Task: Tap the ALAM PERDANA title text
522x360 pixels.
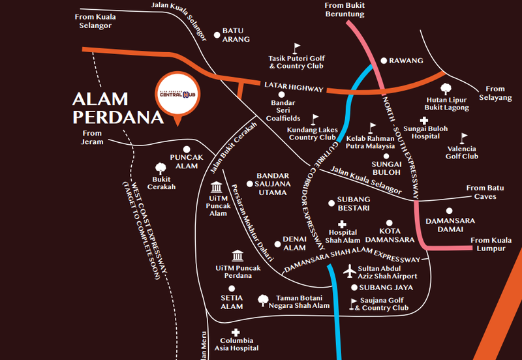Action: coord(117,108)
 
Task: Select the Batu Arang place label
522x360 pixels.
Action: coord(236,35)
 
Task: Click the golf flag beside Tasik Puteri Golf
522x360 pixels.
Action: coord(297,48)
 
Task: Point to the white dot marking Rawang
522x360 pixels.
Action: coord(384,60)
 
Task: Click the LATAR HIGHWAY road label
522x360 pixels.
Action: coord(294,87)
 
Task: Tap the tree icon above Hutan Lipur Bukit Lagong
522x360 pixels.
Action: coord(447,88)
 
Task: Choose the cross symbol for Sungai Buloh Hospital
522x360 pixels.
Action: coord(423,120)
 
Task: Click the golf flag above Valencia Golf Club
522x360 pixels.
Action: coord(464,138)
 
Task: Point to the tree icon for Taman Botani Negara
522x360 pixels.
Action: coord(263,299)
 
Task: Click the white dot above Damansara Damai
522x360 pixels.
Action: coord(449,210)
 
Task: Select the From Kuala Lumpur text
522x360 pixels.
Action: coord(493,244)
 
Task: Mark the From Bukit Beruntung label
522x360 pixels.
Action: coord(345,9)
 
